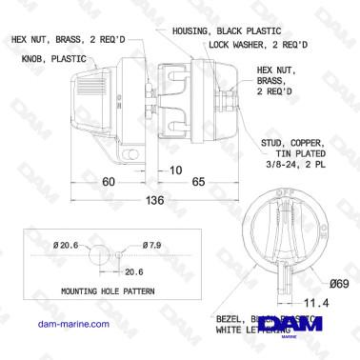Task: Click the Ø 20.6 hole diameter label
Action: pyautogui.click(x=69, y=246)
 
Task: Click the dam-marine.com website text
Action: pyautogui.click(x=57, y=324)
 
